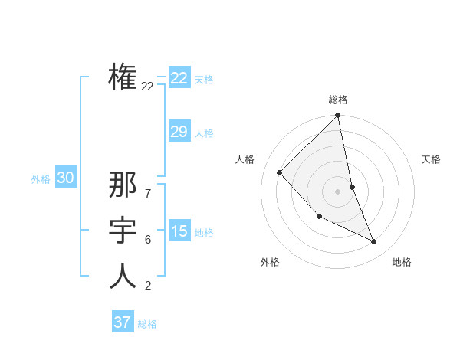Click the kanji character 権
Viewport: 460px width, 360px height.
click(x=123, y=77)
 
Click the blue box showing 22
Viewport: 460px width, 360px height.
click(x=179, y=78)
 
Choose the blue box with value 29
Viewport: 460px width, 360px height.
click(x=179, y=132)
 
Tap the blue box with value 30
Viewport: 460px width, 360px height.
click(x=65, y=178)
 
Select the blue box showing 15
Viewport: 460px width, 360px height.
click(x=179, y=231)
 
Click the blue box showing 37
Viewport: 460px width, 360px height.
click(x=123, y=322)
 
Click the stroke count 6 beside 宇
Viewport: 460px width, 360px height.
click(x=147, y=240)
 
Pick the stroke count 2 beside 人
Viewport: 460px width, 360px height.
click(x=147, y=286)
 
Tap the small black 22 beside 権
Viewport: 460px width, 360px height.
click(x=147, y=87)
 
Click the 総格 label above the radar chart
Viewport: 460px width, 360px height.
click(x=338, y=100)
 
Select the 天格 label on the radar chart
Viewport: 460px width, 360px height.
click(x=431, y=159)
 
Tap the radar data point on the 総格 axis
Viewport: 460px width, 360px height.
click(x=338, y=116)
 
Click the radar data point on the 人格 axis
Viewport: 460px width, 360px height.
click(x=280, y=172)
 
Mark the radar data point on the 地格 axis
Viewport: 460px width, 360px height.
click(x=374, y=241)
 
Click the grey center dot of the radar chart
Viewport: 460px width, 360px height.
click(x=338, y=191)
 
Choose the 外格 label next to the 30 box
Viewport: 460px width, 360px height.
click(x=41, y=179)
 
